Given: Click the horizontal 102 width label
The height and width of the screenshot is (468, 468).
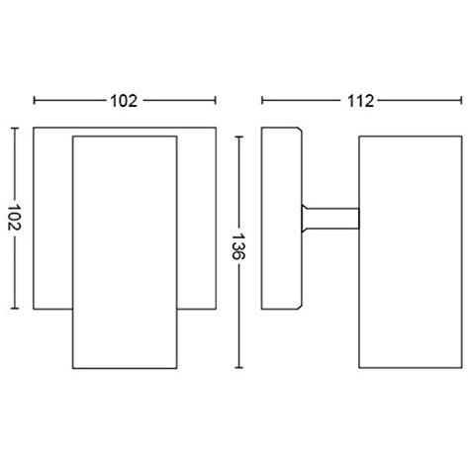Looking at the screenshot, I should (125, 100).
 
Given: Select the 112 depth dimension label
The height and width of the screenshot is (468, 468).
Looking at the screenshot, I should (359, 100).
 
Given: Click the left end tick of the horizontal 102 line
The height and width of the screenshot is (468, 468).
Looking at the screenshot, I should (35, 100).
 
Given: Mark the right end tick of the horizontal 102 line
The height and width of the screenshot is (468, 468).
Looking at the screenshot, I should (216, 100).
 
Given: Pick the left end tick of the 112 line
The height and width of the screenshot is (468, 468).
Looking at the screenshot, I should (261, 100).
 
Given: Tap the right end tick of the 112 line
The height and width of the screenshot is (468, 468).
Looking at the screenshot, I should (459, 100).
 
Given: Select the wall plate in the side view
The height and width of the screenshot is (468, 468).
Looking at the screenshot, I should (279, 218).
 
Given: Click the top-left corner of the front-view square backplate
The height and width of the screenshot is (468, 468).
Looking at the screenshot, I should (35, 128).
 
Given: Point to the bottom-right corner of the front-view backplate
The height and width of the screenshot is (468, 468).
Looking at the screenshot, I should (216, 308).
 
